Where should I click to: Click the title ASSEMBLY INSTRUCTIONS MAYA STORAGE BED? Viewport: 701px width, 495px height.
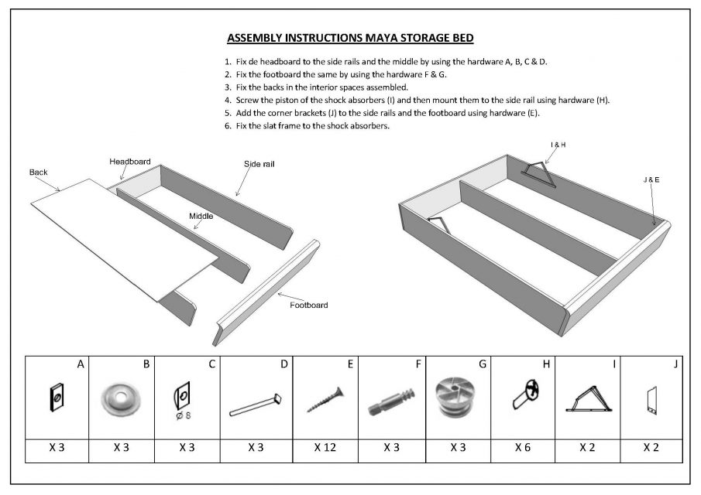point(350,38)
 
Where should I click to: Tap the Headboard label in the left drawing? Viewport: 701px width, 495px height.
point(129,161)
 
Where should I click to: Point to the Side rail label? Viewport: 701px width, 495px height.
point(259,164)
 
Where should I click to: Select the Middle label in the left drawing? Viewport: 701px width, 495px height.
point(201,216)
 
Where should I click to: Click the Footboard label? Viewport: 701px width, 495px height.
point(308,305)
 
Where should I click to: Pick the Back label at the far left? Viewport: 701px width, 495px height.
point(39,172)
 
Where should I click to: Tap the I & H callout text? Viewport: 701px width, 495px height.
point(558,145)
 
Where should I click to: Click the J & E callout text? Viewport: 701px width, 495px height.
point(651,179)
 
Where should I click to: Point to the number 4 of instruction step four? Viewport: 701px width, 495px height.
point(228,100)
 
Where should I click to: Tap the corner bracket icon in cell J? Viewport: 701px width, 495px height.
point(651,400)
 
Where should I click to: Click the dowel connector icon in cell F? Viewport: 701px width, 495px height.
point(390,402)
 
